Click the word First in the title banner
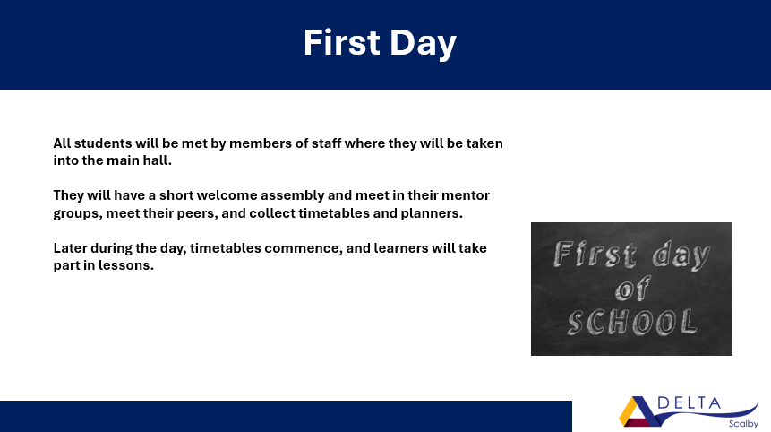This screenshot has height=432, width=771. click(342, 42)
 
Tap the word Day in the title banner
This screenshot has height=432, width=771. click(424, 44)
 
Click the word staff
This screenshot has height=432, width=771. click(326, 143)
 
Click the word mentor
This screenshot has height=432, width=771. click(465, 195)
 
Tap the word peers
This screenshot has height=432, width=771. click(197, 213)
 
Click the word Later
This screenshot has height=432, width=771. click(70, 248)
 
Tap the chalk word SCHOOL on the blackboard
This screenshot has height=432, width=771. click(632, 323)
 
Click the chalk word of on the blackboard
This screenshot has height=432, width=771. click(633, 289)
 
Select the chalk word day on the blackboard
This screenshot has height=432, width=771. click(681, 255)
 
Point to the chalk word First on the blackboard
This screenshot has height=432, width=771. click(595, 255)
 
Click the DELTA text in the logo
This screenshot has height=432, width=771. click(689, 403)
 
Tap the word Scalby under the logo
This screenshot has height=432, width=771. click(743, 424)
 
